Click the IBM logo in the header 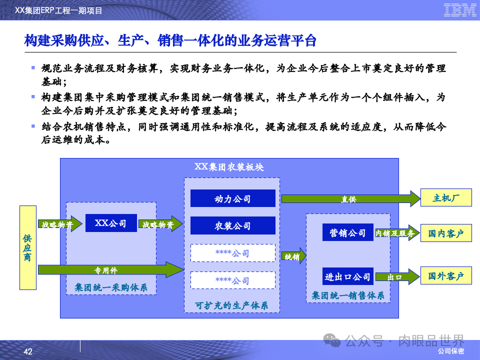[x=460, y=9]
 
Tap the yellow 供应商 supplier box [x=28, y=247]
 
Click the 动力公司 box [x=232, y=198]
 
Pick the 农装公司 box [x=232, y=225]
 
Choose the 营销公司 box [x=347, y=232]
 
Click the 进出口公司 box [x=347, y=276]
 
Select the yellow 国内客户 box [x=446, y=233]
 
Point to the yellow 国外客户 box [x=446, y=275]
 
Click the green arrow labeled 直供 [x=350, y=199]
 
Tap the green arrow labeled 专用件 [x=110, y=270]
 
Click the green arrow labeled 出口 [x=397, y=276]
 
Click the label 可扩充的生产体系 [x=231, y=305]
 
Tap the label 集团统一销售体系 [x=348, y=295]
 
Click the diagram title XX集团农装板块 [x=229, y=167]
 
